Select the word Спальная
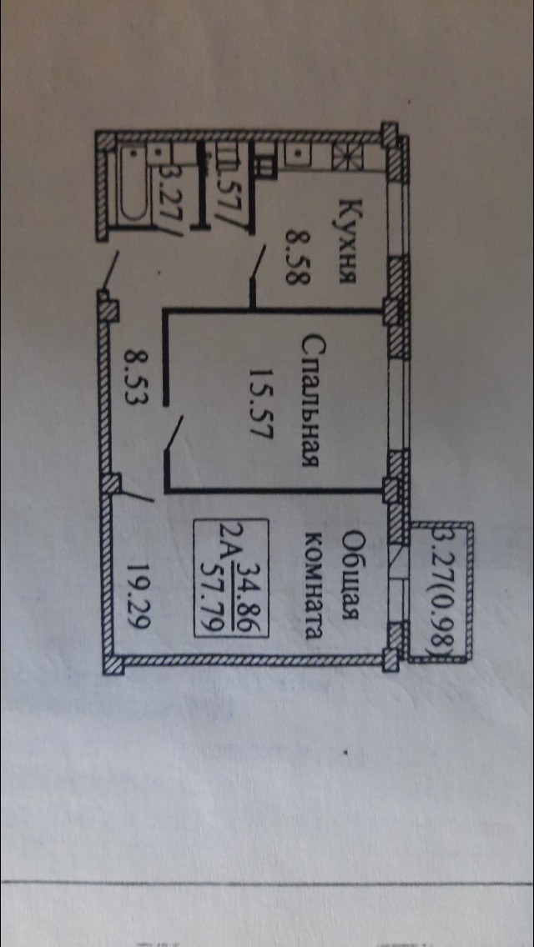point(310,400)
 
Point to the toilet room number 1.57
point(225,191)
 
